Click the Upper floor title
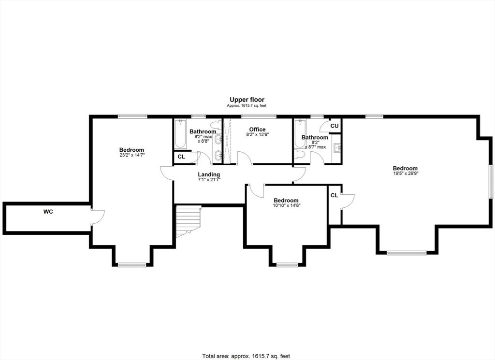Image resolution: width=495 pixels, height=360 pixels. click(x=247, y=100)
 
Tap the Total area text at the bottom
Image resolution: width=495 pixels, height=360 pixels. click(x=246, y=356)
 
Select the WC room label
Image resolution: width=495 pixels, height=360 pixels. click(x=48, y=212)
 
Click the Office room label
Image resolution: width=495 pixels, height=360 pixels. click(x=257, y=130)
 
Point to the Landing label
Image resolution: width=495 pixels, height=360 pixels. click(x=209, y=174)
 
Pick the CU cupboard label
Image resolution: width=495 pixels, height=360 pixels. click(x=335, y=126)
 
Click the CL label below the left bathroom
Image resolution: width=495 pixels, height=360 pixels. click(x=181, y=157)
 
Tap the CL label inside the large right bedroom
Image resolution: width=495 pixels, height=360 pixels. click(x=335, y=195)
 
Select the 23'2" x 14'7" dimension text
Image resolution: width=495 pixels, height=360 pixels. click(x=131, y=155)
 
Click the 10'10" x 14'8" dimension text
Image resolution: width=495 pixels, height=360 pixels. click(x=286, y=205)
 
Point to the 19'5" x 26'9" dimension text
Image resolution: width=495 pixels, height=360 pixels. click(x=405, y=173)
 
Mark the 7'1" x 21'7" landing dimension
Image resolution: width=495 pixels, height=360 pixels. click(x=209, y=179)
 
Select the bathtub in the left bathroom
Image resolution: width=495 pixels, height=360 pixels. click(x=180, y=133)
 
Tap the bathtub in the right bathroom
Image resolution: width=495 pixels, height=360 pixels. click(x=300, y=133)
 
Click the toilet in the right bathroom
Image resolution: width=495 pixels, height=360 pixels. click(x=299, y=155)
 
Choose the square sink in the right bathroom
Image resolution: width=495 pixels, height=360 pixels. click(x=337, y=148)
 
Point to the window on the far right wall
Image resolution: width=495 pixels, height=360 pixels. click(x=492, y=181)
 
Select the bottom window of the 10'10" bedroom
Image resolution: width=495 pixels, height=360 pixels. click(x=287, y=265)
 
